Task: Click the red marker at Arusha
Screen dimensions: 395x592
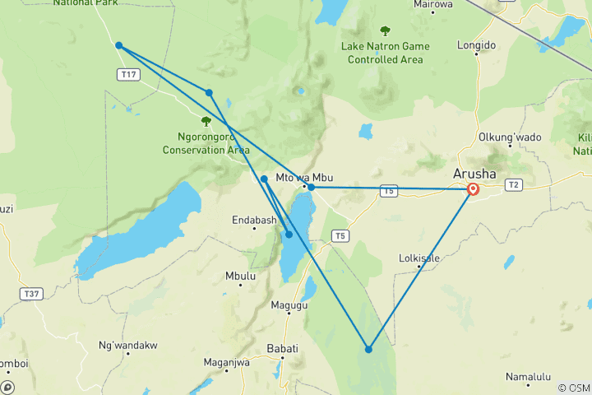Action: [473, 189]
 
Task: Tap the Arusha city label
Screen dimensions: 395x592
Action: [475, 174]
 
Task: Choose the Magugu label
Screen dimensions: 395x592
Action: [289, 305]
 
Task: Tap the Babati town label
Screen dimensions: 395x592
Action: [282, 349]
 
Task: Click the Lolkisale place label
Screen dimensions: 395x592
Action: [420, 258]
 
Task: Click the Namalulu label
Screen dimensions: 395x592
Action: [528, 377]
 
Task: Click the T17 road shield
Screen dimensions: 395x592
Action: [127, 74]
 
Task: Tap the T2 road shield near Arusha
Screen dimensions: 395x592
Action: [515, 184]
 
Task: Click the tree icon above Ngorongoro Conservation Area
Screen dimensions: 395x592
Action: [206, 121]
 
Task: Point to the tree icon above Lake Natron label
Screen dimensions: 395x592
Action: [385, 31]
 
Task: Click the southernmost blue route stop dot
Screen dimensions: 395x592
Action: [368, 350]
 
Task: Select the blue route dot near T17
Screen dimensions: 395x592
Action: [119, 45]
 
